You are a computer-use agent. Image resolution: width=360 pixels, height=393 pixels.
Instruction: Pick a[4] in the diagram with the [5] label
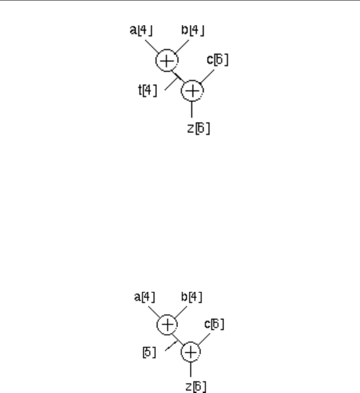[x=145, y=297]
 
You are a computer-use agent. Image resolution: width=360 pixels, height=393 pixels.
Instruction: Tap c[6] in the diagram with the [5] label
[x=215, y=324]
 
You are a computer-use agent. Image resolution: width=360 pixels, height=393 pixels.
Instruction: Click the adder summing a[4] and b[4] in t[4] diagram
[x=167, y=61]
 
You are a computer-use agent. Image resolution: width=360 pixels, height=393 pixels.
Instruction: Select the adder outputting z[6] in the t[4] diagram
[x=192, y=91]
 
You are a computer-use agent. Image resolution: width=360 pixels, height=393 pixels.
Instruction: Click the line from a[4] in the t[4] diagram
[x=152, y=47]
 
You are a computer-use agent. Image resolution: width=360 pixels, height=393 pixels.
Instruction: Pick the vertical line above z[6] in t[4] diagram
[x=192, y=110]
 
